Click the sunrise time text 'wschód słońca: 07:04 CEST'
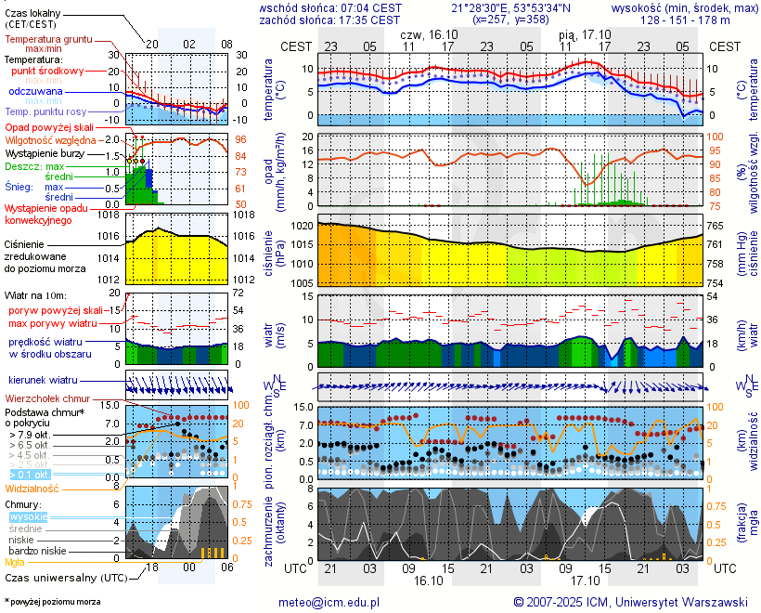(330, 7)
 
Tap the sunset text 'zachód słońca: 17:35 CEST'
(330, 20)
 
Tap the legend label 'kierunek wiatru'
(43, 381)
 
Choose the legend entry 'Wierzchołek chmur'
(47, 398)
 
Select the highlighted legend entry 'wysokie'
(28, 516)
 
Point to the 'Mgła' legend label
(15, 562)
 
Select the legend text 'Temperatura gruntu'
(48, 40)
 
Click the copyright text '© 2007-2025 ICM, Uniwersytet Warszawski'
(631, 603)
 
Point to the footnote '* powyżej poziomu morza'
(53, 602)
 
